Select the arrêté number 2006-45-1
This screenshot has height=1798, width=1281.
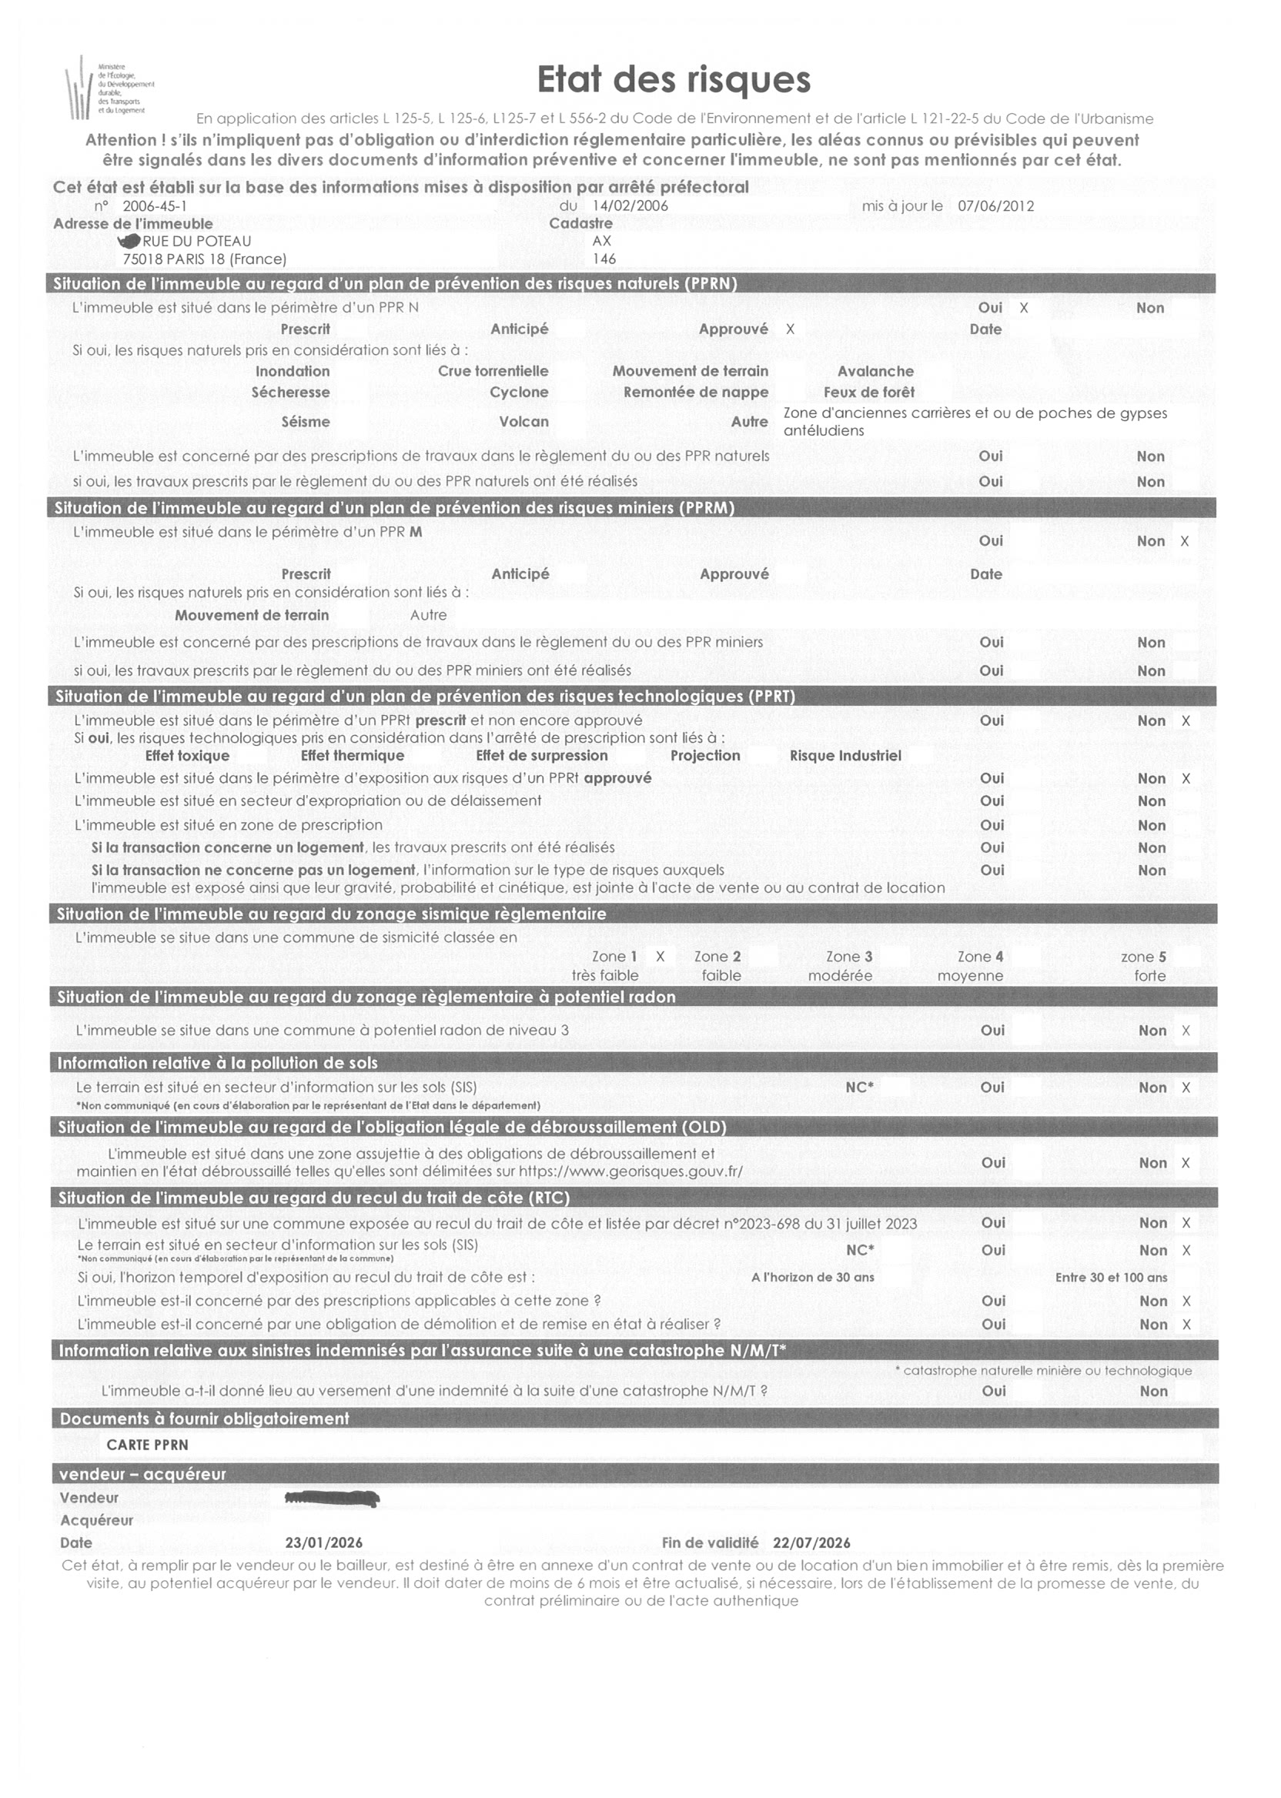(x=155, y=206)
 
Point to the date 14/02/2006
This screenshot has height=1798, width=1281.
(x=630, y=206)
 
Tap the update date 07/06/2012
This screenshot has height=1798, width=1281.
(x=995, y=206)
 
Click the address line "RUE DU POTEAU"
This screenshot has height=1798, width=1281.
(x=196, y=242)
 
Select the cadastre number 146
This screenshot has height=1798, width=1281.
(x=604, y=259)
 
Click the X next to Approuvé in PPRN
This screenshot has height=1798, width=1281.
(x=791, y=329)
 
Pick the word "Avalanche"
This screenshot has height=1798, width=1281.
(x=875, y=372)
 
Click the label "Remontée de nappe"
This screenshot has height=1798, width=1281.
(x=695, y=393)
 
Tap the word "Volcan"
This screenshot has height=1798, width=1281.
(x=523, y=422)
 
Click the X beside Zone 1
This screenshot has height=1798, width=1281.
(x=661, y=957)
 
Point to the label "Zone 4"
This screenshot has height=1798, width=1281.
(x=980, y=957)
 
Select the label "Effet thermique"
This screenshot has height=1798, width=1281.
(x=352, y=756)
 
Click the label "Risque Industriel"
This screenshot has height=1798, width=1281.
(x=845, y=756)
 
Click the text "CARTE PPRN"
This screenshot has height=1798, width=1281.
(x=148, y=1445)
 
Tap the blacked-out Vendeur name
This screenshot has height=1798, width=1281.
(x=332, y=1498)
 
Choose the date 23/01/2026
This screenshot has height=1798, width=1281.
(x=323, y=1542)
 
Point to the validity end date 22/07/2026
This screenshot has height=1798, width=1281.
(x=811, y=1542)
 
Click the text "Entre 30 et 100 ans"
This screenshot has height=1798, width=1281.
(x=1111, y=1278)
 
